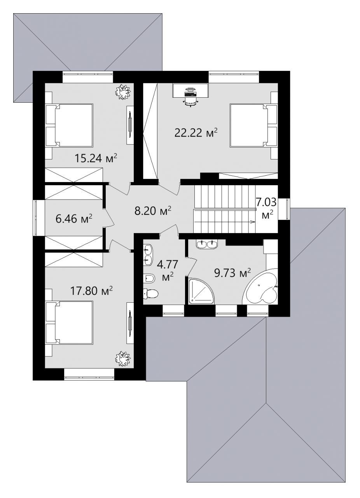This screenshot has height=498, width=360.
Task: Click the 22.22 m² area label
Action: coord(196,133)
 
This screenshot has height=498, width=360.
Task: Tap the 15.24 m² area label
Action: coord(96,158)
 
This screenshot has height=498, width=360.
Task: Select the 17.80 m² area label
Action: coord(91,291)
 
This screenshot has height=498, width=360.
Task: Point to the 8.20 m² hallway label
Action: coord(153,210)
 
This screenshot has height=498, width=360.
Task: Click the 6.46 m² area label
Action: coord(74,219)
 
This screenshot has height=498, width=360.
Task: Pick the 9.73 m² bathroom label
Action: coord(232,273)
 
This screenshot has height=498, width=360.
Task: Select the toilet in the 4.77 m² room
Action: coord(150,294)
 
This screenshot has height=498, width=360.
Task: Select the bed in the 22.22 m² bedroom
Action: coord(254,125)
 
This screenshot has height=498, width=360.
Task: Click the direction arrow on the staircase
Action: coord(252,221)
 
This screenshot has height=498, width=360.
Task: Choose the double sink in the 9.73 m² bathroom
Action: coord(207,244)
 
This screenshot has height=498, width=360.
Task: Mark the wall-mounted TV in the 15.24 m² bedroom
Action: coord(130,125)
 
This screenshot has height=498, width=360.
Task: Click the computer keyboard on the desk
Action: coord(190,95)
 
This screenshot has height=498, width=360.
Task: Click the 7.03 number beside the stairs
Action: coord(266,202)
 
